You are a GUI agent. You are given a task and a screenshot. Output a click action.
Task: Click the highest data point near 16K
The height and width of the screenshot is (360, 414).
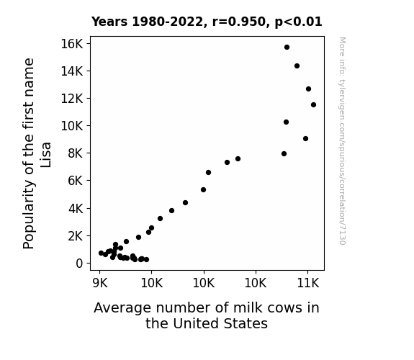click(x=287, y=48)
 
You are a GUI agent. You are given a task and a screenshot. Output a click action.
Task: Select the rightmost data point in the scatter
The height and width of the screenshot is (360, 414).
click(x=313, y=105)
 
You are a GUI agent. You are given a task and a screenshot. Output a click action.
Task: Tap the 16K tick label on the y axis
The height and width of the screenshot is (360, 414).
click(x=72, y=44)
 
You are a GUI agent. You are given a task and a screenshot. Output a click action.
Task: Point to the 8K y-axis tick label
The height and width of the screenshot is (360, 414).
click(x=76, y=153)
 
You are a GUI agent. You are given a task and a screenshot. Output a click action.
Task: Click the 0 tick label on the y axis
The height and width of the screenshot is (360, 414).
click(x=79, y=263)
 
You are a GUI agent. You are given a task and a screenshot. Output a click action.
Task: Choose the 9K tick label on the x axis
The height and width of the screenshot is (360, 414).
click(x=100, y=283)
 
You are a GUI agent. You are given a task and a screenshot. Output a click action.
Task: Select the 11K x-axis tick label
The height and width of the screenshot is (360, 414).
click(x=308, y=283)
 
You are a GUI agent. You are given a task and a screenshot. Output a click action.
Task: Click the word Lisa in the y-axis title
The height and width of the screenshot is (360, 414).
click(x=45, y=155)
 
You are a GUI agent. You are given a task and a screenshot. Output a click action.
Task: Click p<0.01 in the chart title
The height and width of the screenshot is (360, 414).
click(x=298, y=22)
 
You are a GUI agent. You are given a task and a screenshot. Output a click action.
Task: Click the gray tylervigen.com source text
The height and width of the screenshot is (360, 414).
click(x=342, y=141)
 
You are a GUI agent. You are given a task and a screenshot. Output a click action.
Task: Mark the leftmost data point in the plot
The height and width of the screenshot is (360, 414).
click(x=101, y=253)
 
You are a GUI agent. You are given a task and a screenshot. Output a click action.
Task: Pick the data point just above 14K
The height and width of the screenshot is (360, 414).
click(x=297, y=66)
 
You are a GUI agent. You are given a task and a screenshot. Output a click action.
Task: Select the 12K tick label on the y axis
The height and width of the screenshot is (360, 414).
click(x=72, y=99)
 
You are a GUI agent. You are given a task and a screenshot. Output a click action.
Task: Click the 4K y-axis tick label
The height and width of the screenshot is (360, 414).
click(x=76, y=209)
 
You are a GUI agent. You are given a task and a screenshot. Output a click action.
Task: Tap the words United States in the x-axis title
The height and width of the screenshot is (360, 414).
click(x=220, y=323)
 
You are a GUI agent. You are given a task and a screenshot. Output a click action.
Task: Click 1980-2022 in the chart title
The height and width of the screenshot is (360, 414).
click(x=167, y=22)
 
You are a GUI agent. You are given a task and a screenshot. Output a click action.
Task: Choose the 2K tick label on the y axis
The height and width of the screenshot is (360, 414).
click(x=76, y=236)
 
